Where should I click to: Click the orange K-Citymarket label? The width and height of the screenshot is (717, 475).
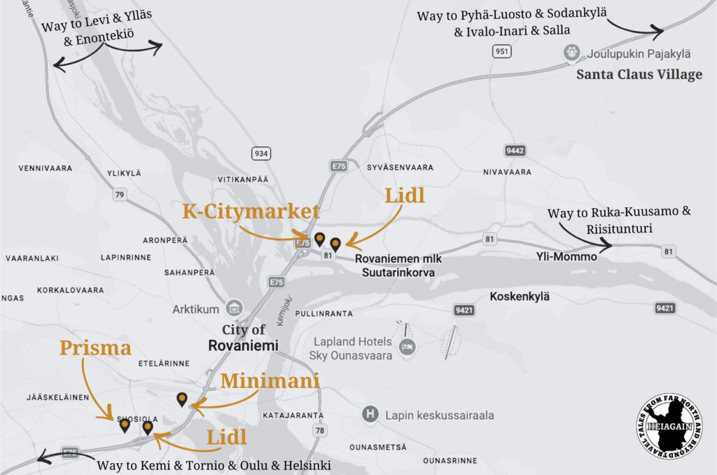tap(251, 212)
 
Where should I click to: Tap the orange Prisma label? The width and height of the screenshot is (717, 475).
tap(95, 347)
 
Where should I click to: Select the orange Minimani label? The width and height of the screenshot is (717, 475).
tap(270, 381)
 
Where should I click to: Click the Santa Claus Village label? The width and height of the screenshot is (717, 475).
tap(639, 74)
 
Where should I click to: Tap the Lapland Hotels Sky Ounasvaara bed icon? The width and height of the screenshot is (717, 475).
tap(407, 347)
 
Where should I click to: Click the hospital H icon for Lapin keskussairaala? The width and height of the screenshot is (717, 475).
tap(370, 415)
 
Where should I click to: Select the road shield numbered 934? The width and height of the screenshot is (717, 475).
tap(261, 153)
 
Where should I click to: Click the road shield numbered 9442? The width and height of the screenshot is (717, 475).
tap(515, 151)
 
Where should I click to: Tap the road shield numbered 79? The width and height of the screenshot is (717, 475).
tap(119, 194)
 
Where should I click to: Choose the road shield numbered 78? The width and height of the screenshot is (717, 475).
tap(320, 430)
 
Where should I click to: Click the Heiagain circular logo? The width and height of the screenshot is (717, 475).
tap(669, 427)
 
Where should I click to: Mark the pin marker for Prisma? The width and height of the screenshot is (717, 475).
tap(125, 425)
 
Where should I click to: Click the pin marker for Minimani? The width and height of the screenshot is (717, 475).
tap(182, 399)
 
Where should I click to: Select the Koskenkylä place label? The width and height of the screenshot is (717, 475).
tap(520, 296)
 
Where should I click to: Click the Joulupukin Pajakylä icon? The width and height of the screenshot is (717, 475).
tap(572, 53)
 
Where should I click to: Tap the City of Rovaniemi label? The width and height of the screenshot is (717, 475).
tap(244, 338)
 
